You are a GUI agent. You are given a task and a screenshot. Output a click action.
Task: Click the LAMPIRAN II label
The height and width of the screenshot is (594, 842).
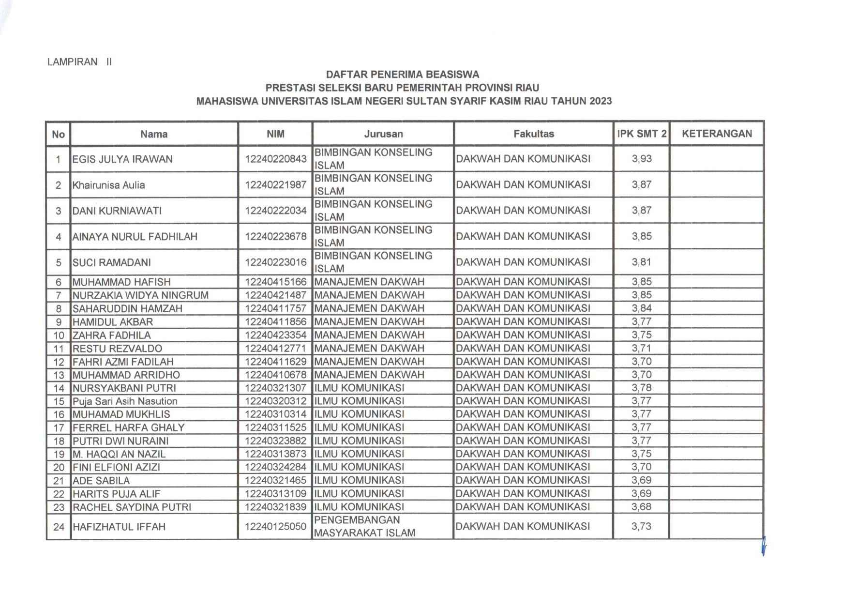click(79, 62)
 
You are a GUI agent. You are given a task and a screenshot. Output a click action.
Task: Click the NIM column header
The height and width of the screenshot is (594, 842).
click(275, 134)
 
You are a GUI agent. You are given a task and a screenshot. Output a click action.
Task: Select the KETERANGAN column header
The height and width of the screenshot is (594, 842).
click(717, 134)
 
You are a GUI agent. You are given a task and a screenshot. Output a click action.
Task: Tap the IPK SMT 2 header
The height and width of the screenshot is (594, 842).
click(641, 134)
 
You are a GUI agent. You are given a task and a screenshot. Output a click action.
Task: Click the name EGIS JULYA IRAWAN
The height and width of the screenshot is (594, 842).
click(122, 159)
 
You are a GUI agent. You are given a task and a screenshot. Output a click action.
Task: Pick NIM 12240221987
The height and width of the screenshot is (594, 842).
click(275, 185)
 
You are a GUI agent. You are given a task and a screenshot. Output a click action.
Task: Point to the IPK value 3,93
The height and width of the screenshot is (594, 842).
click(642, 159)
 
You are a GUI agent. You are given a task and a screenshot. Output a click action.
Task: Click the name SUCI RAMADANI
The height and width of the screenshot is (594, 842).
click(112, 262)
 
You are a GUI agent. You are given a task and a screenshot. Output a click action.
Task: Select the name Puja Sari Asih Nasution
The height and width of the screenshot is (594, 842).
click(125, 401)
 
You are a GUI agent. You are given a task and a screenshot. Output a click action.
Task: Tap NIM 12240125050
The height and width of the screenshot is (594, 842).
click(275, 527)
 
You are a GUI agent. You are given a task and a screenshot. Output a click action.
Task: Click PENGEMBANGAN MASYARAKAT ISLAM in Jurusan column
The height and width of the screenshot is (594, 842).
click(364, 527)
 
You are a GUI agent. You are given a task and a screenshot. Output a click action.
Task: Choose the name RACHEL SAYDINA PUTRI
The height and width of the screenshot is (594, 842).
click(132, 507)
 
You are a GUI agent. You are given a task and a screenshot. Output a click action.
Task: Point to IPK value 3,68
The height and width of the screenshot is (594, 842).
click(642, 507)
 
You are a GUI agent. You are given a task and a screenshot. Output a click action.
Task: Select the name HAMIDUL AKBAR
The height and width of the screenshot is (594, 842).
click(113, 322)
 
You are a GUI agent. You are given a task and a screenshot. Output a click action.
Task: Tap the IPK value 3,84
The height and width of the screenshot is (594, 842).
click(642, 308)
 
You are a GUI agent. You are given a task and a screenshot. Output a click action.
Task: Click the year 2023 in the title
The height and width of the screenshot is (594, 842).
click(601, 101)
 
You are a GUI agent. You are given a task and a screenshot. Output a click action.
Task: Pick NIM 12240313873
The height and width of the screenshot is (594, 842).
click(275, 454)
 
